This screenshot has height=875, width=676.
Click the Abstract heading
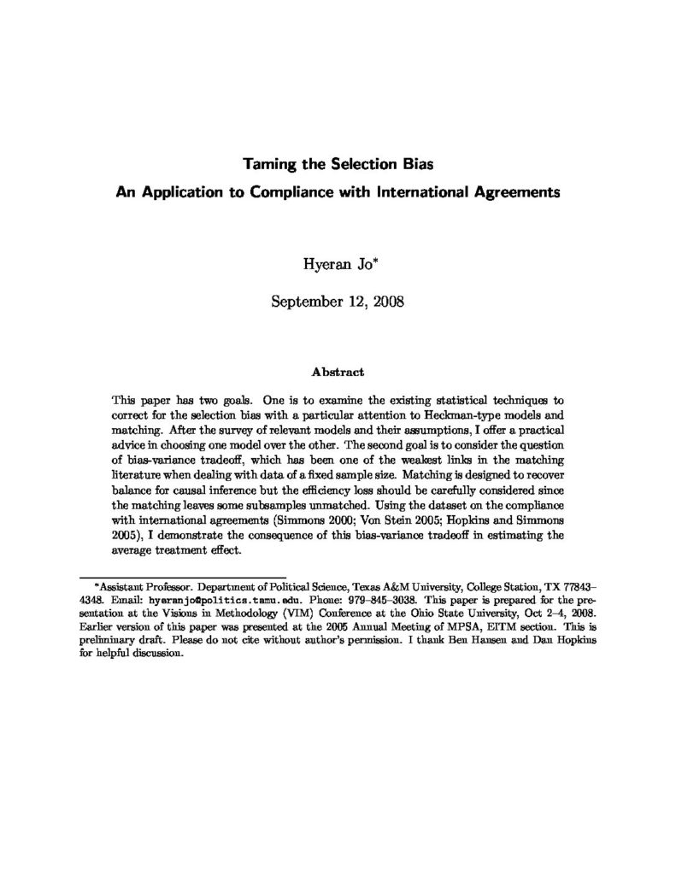pyautogui.click(x=338, y=373)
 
